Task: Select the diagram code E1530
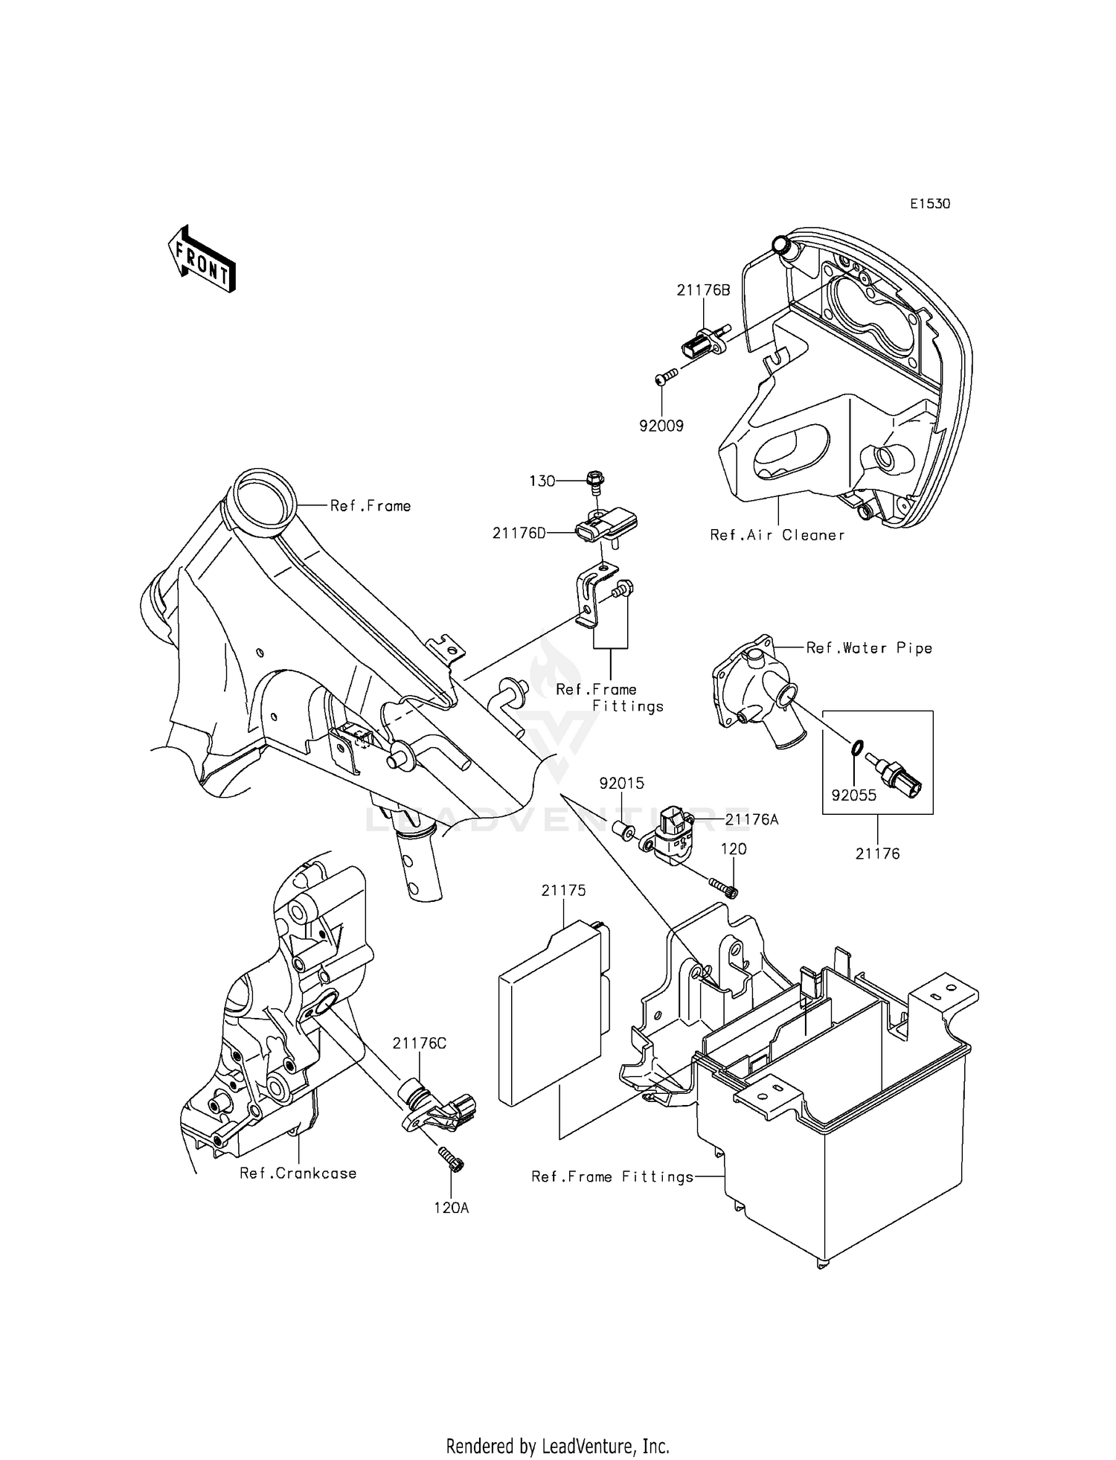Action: pyautogui.click(x=929, y=204)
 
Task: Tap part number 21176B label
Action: pyautogui.click(x=703, y=290)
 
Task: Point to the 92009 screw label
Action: pyautogui.click(x=661, y=426)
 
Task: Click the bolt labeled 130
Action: pyautogui.click(x=594, y=481)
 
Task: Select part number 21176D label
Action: pyautogui.click(x=519, y=533)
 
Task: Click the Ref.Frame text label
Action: pyautogui.click(x=371, y=506)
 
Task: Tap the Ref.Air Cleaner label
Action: pyautogui.click(x=777, y=535)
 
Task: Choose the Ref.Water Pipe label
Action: pyautogui.click(x=869, y=648)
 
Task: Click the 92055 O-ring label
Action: pyautogui.click(x=853, y=795)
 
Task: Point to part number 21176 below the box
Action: pyautogui.click(x=877, y=854)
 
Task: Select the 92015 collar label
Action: pyautogui.click(x=622, y=784)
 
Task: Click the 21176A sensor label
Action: pyautogui.click(x=751, y=819)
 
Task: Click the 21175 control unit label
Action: pyautogui.click(x=563, y=890)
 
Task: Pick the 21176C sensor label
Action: pyautogui.click(x=420, y=1043)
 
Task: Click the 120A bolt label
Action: pyautogui.click(x=452, y=1208)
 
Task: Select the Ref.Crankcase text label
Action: pyautogui.click(x=298, y=1174)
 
